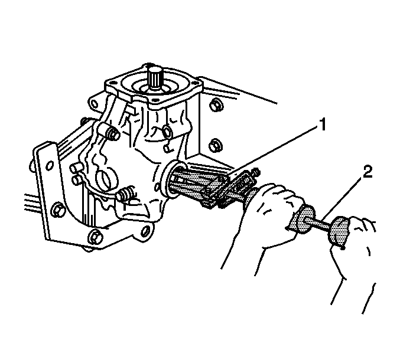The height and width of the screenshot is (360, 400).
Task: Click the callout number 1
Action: pyautogui.click(x=323, y=125)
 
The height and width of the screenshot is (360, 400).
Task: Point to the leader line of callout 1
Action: pyautogui.click(x=272, y=151)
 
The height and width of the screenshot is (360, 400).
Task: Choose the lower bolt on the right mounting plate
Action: pyautogui.click(x=216, y=145)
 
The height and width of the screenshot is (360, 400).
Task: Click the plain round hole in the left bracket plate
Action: pyautogui.click(x=50, y=165)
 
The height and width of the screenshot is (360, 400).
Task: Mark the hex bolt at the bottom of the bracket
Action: pyautogui.click(x=95, y=237)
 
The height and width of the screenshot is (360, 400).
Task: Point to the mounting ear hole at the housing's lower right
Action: pyautogui.click(x=145, y=231)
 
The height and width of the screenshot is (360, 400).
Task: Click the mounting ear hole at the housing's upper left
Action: pyautogui.click(x=94, y=104)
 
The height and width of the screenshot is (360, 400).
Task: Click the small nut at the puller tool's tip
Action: pyautogui.click(x=256, y=171)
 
